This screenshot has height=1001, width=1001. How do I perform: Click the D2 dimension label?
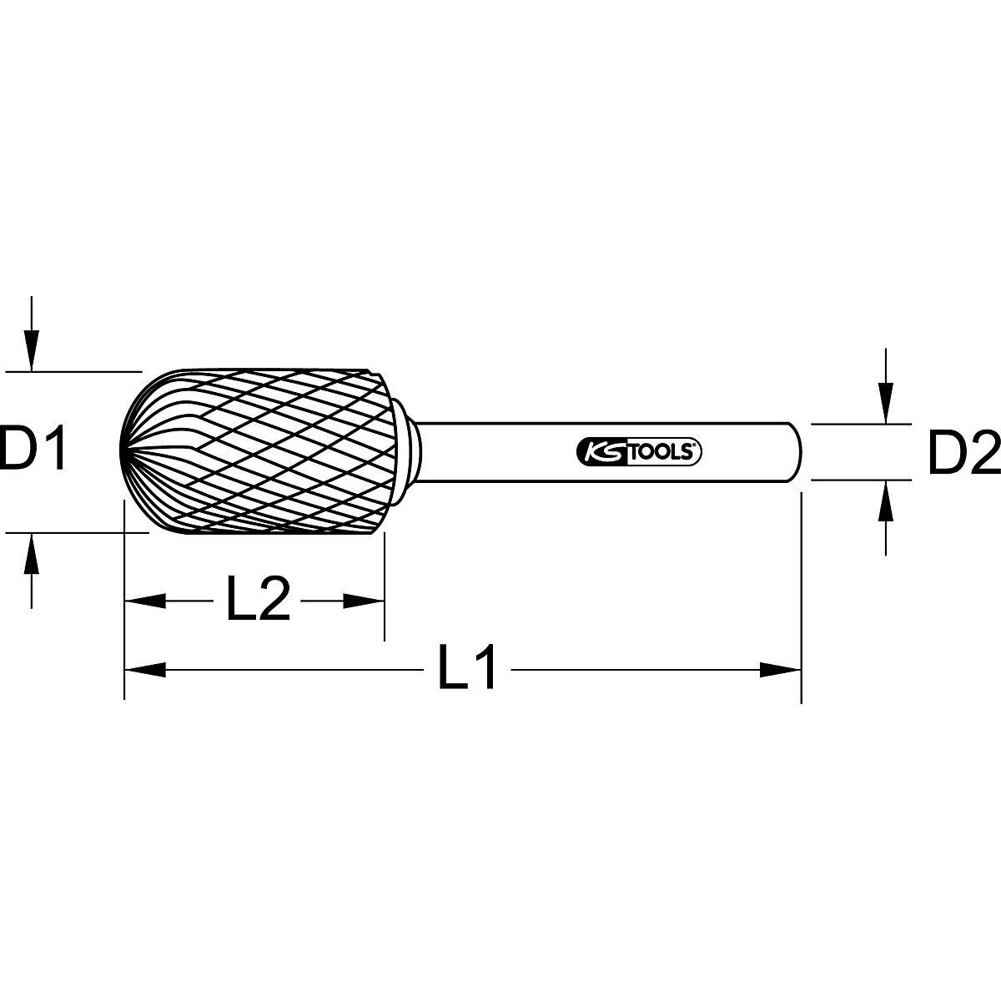point(963,451)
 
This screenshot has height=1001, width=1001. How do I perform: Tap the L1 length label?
point(468,667)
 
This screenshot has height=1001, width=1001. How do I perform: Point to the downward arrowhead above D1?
point(31,350)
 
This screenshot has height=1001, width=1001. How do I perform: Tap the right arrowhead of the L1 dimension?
point(779,668)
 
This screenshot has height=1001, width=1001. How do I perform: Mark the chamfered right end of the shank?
point(794,451)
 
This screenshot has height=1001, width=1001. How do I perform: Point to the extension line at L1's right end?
point(801,601)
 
